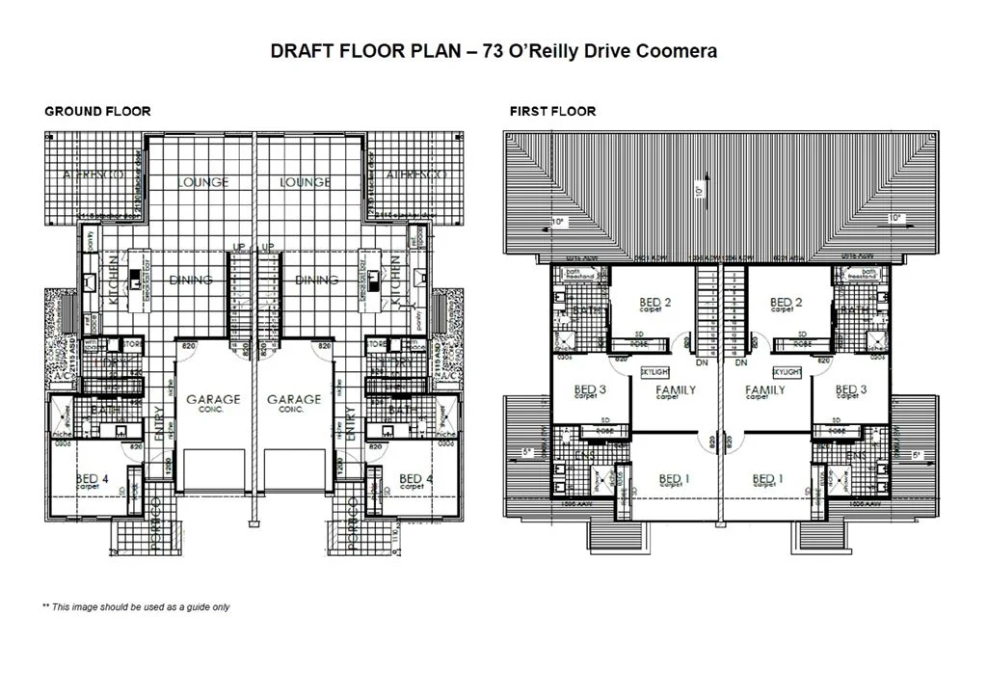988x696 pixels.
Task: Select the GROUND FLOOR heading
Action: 97,111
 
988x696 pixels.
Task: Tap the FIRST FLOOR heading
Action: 552,111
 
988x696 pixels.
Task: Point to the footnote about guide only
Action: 136,607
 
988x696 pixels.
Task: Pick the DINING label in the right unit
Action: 316,280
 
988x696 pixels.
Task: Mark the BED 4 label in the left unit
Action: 95,479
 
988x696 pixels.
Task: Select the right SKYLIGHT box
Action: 787,371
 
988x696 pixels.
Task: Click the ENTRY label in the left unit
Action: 158,423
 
